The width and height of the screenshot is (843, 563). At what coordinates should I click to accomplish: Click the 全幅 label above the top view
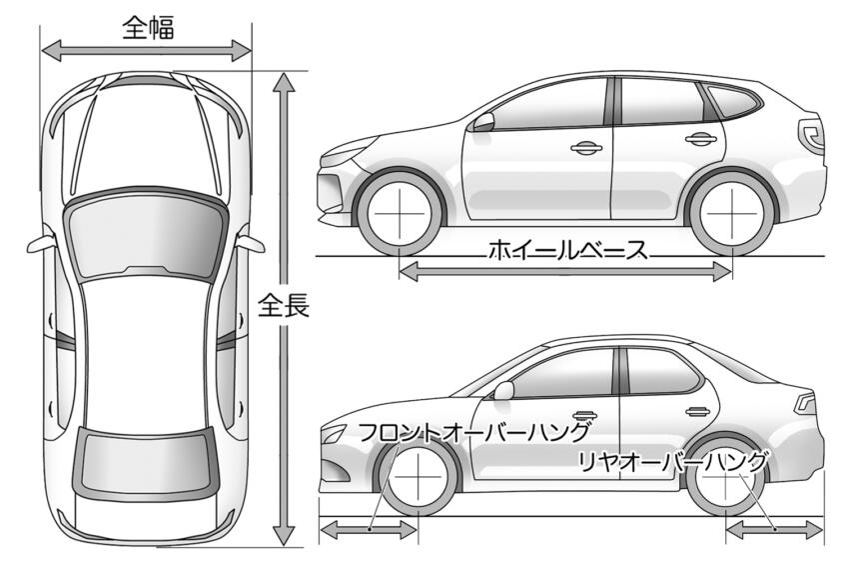tap(149, 28)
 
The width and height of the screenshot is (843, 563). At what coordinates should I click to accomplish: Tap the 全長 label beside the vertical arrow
tap(284, 305)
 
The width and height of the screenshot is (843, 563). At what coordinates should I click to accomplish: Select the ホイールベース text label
tap(567, 251)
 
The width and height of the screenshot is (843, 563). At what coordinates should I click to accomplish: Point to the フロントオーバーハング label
tap(473, 432)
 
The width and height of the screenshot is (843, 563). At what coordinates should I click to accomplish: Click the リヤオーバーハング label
tap(672, 462)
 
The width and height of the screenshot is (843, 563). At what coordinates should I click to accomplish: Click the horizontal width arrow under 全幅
tap(146, 51)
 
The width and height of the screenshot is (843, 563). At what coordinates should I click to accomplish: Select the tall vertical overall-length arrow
tap(284, 309)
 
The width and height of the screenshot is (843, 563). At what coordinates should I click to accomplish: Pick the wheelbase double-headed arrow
tap(565, 271)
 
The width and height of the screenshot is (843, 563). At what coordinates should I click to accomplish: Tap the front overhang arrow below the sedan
tap(369, 530)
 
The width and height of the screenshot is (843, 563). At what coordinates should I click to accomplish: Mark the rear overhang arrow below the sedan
tap(774, 530)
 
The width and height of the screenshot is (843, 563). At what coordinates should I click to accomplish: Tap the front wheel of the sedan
tap(418, 478)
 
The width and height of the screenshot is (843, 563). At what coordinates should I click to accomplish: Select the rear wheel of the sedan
tap(725, 478)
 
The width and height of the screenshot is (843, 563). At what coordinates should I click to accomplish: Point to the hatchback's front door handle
tap(585, 148)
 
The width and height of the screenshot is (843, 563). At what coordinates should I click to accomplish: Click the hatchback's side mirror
tap(482, 123)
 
